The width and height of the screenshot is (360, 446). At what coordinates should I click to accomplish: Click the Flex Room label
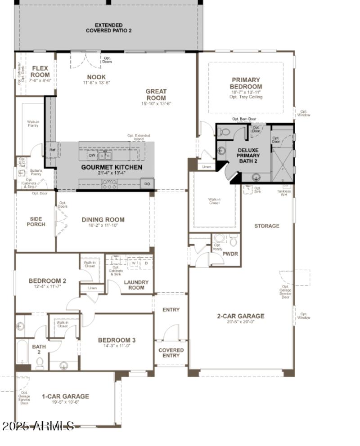[40, 71]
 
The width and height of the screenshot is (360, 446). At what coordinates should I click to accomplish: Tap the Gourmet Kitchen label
[112, 167]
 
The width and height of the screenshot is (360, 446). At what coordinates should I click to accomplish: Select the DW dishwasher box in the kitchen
[92, 155]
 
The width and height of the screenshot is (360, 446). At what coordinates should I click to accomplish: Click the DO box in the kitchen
[147, 184]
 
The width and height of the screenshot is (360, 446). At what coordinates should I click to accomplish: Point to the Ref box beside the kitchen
[52, 150]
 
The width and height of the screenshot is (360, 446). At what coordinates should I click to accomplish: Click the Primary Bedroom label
[246, 83]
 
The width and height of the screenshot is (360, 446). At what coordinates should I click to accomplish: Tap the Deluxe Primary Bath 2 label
[248, 156]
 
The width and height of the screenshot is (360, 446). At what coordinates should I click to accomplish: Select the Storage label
[267, 226]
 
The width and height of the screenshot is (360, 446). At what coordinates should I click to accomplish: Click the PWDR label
[230, 254]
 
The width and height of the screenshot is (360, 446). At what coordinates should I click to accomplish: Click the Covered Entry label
[171, 353]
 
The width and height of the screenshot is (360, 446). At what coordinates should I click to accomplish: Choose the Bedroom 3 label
[117, 340]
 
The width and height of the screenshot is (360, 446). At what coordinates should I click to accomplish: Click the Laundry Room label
[136, 285]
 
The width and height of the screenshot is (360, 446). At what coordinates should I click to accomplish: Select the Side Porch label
[36, 221]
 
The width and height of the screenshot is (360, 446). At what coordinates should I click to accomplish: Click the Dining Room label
[103, 220]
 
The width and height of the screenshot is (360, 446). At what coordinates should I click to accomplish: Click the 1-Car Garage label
[65, 397]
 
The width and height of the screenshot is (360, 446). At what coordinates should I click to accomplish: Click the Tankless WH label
[284, 193]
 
